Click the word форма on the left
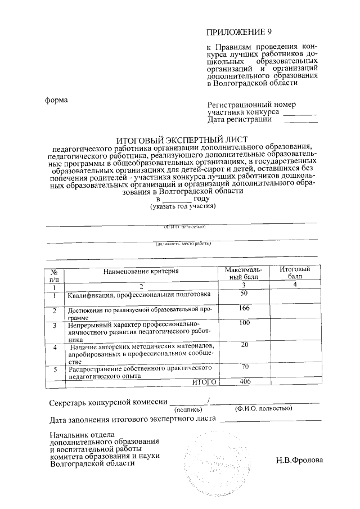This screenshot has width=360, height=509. pos(56,100)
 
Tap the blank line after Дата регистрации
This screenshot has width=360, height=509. pos(304,120)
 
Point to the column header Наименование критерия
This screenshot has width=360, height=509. pos(141,271)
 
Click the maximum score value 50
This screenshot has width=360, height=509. pos(244,294)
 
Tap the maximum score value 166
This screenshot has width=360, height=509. pos(244,308)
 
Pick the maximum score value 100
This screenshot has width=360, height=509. pos(244,323)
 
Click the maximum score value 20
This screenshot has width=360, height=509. pos(244,345)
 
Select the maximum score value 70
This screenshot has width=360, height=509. pos(244,367)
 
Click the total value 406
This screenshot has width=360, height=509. pos(244,382)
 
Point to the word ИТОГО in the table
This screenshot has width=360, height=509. pos(204,382)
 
